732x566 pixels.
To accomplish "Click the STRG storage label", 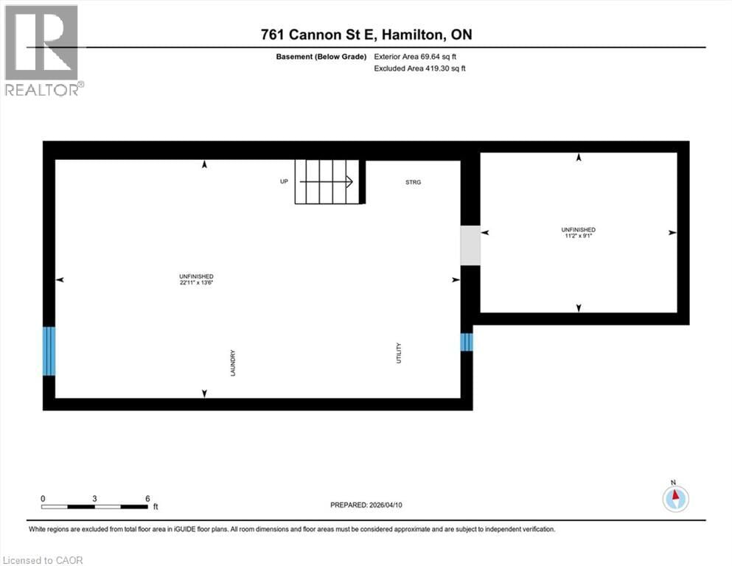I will (413, 181).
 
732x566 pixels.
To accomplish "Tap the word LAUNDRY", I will (232, 363).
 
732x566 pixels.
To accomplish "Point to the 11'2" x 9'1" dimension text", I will (578, 237).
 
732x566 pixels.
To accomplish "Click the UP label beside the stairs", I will (284, 181).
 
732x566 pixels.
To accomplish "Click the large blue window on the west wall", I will (49, 351).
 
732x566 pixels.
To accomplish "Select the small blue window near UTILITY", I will (466, 343).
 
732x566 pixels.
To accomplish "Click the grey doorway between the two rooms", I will (470, 245).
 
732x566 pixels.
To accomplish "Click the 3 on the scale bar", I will (94, 498).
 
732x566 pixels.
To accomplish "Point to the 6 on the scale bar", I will (147, 498).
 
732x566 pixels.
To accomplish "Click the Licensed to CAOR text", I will (43, 560).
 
